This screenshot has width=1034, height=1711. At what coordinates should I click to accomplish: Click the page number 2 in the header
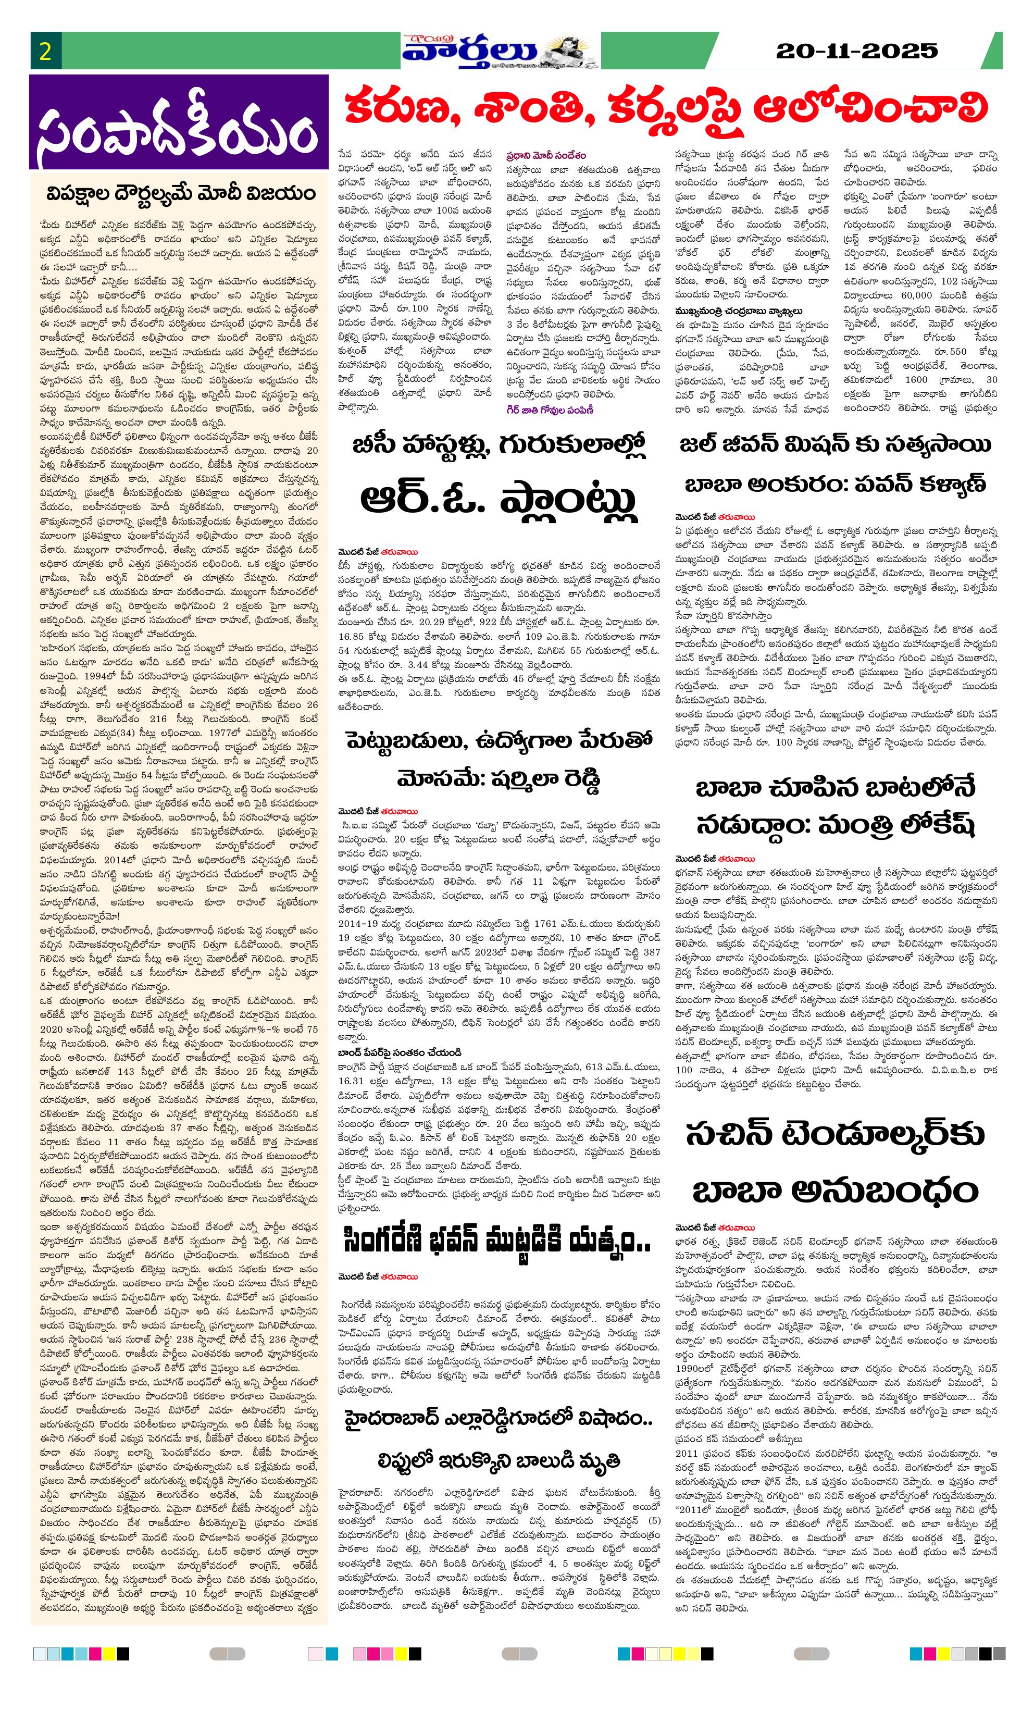pos(46,52)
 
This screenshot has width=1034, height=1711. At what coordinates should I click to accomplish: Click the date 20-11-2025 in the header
pos(856,51)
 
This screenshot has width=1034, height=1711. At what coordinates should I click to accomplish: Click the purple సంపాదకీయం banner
pos(179,123)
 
